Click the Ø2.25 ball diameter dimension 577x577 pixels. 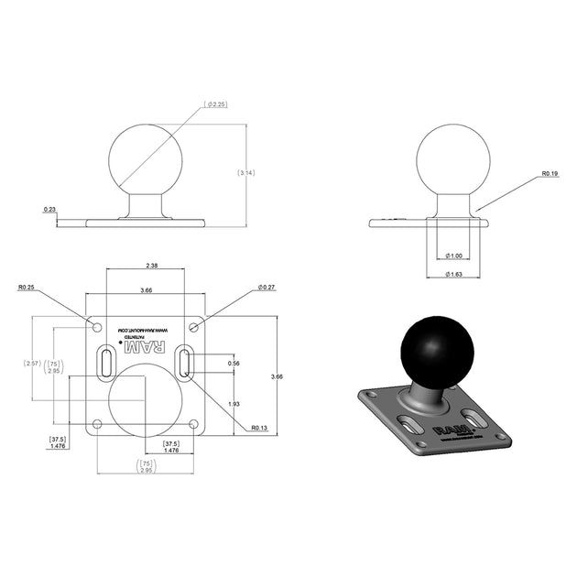click(216, 104)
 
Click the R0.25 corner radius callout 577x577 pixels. click(27, 287)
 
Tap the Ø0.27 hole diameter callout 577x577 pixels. click(267, 287)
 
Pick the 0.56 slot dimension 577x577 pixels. click(233, 363)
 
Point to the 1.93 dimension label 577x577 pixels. click(233, 404)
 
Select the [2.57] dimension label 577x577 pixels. click(32, 364)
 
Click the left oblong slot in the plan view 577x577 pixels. click(107, 362)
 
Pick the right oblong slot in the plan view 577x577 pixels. click(184, 362)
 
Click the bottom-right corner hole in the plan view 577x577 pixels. click(193, 423)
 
